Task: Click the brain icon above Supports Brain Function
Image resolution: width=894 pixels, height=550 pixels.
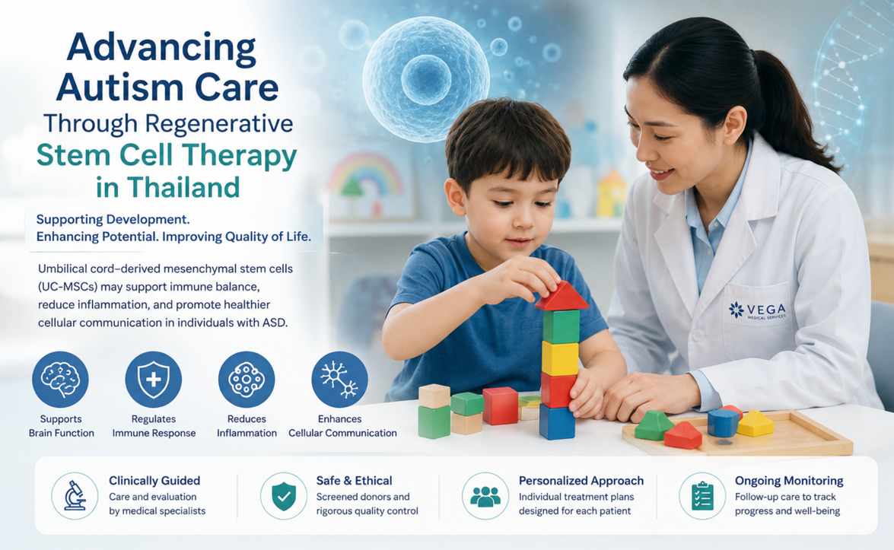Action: pyautogui.click(x=60, y=380)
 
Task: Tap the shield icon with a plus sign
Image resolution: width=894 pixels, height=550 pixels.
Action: pyautogui.click(x=154, y=380)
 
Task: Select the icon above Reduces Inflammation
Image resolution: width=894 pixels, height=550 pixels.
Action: pyautogui.click(x=247, y=380)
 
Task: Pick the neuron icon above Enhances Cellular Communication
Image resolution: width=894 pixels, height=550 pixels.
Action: pyautogui.click(x=339, y=380)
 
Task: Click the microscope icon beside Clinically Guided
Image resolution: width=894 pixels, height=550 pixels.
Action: pyautogui.click(x=75, y=496)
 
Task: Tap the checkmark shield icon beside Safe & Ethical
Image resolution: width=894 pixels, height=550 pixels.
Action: pyautogui.click(x=283, y=496)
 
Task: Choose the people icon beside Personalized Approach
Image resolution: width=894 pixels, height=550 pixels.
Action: pyautogui.click(x=485, y=496)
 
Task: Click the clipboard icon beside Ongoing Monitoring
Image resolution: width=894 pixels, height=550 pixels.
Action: pyautogui.click(x=702, y=496)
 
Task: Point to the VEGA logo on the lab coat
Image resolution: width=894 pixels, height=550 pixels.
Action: pyautogui.click(x=757, y=310)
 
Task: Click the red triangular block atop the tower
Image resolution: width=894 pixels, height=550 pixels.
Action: pyautogui.click(x=562, y=296)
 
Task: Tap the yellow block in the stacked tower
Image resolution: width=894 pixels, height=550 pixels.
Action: pyautogui.click(x=560, y=358)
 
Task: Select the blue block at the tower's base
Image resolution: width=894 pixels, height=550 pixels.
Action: pyautogui.click(x=557, y=421)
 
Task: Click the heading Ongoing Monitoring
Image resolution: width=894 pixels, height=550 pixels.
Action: pyautogui.click(x=789, y=481)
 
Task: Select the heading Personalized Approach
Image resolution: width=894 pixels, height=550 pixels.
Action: pyautogui.click(x=581, y=481)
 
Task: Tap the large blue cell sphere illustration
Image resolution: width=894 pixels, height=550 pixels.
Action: pyautogui.click(x=426, y=78)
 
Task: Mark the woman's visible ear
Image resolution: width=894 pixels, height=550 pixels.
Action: pyautogui.click(x=733, y=126)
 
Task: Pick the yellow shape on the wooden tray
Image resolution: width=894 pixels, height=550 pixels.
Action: pyautogui.click(x=756, y=424)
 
